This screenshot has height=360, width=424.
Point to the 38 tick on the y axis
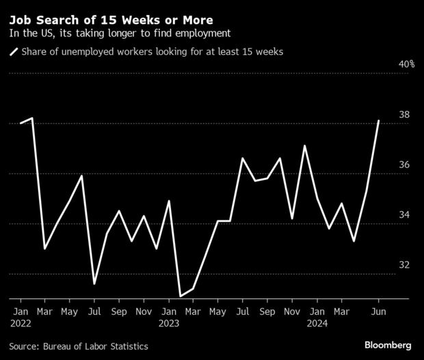pyautogui.click(x=404, y=115)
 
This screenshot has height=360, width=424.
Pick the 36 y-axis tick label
pyautogui.click(x=404, y=165)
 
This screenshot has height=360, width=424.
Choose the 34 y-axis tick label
pyautogui.click(x=404, y=215)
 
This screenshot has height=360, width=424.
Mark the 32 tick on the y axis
pyautogui.click(x=404, y=265)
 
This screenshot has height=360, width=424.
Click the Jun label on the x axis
pyautogui.click(x=378, y=311)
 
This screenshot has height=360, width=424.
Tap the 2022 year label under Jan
pyautogui.click(x=21, y=324)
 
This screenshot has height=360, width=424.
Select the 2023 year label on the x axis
pyautogui.click(x=170, y=324)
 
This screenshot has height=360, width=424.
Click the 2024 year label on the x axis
pyautogui.click(x=317, y=324)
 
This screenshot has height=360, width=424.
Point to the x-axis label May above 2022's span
pyautogui.click(x=70, y=311)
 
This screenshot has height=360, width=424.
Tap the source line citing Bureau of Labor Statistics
pyautogui.click(x=78, y=346)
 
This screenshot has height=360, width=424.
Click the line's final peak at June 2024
pyautogui.click(x=379, y=120)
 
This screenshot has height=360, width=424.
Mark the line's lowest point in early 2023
pyautogui.click(x=181, y=296)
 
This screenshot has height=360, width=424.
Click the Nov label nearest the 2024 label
pyautogui.click(x=292, y=311)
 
